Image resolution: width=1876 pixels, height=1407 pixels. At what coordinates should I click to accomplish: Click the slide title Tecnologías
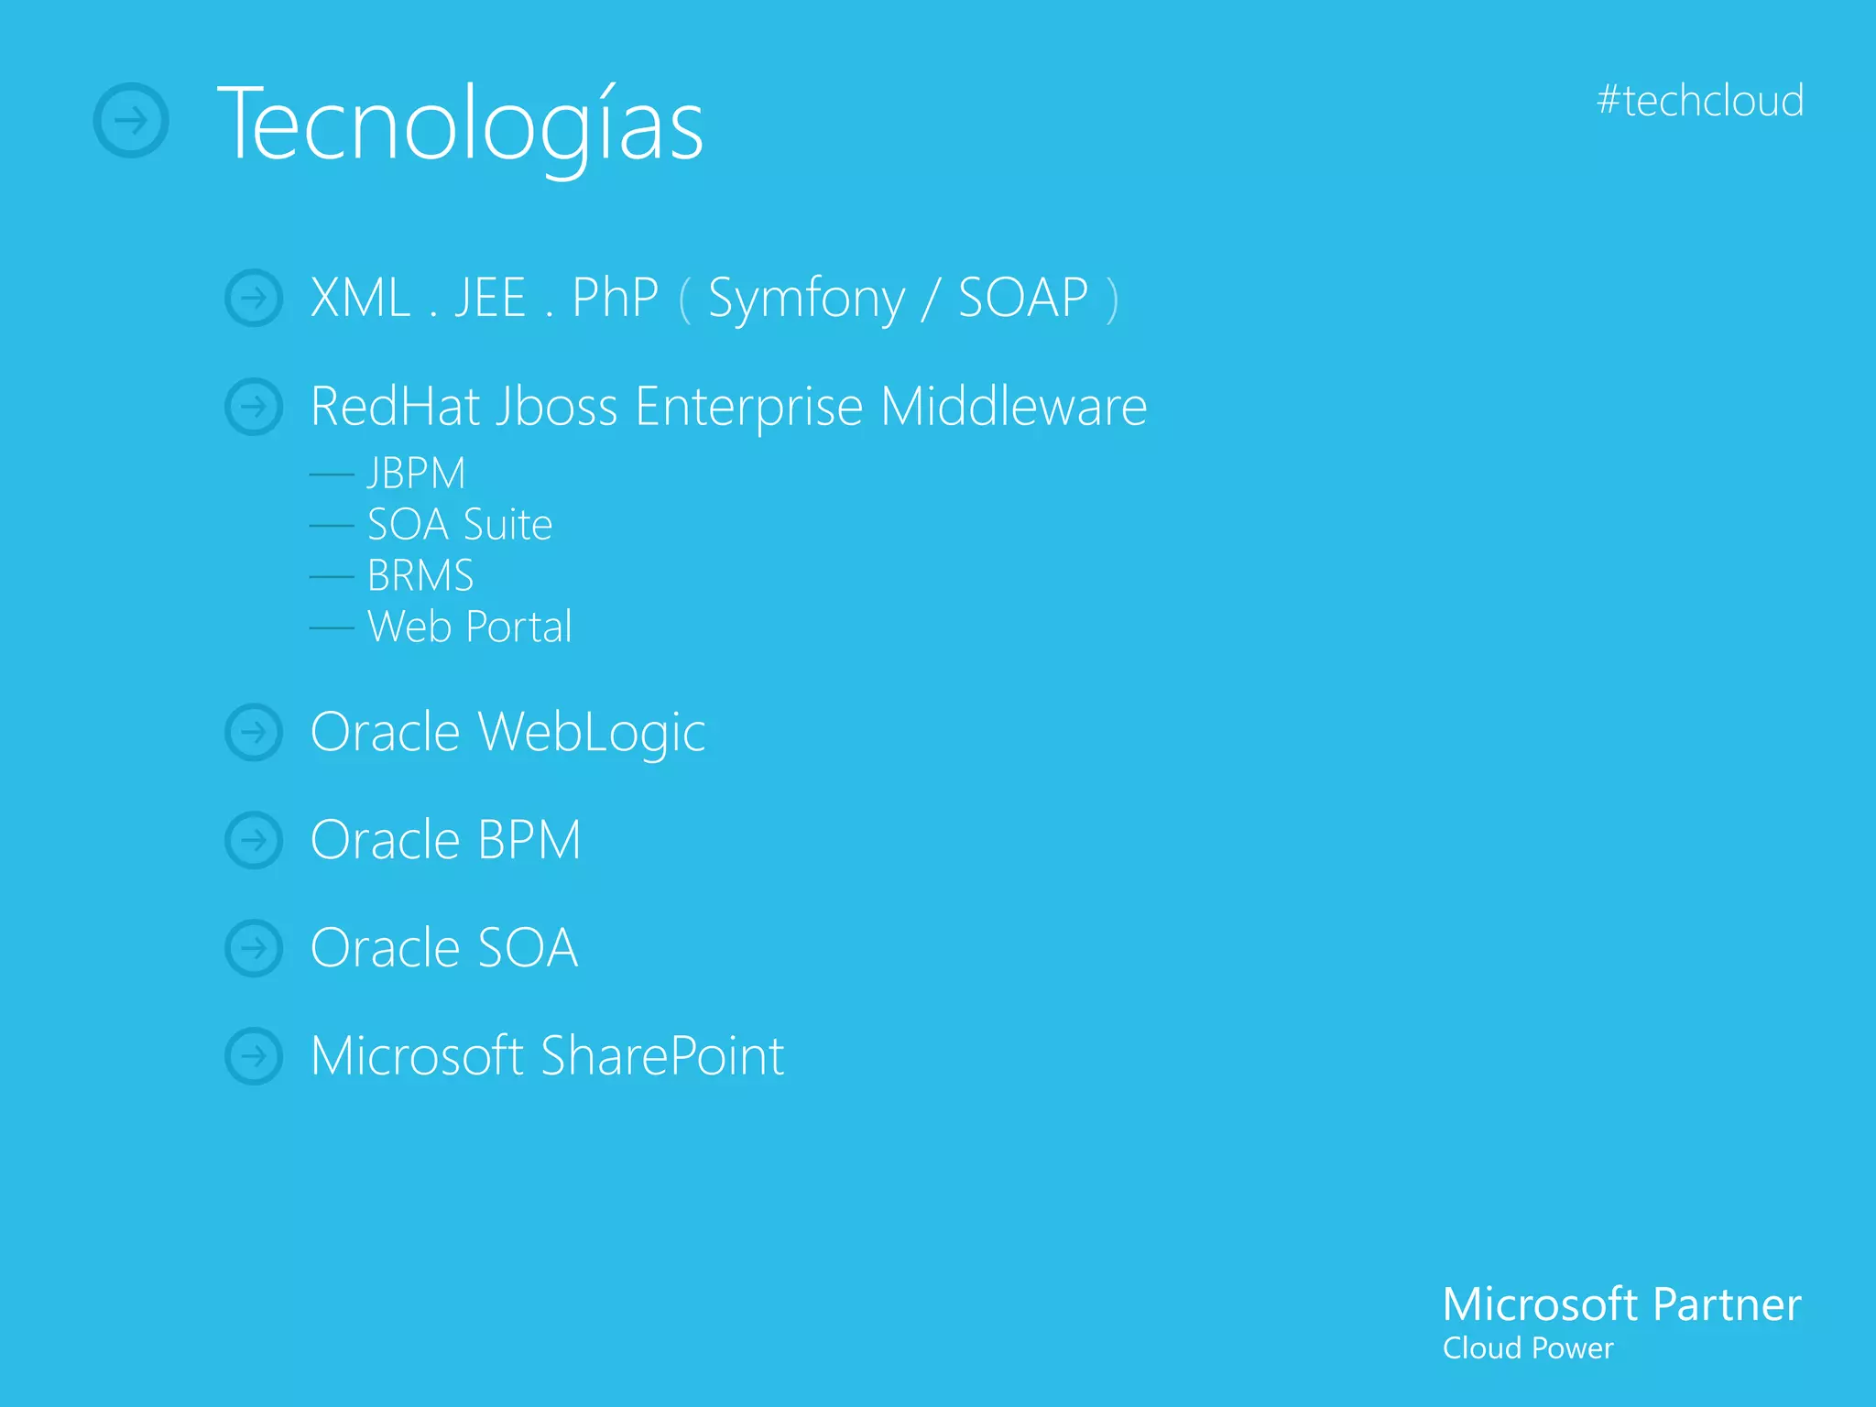[460, 124]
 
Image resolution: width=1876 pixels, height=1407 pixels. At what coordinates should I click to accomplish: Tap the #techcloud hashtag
[1700, 101]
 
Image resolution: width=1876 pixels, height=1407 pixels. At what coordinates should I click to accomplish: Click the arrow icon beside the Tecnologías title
[131, 120]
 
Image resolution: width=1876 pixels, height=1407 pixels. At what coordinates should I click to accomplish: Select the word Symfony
[806, 299]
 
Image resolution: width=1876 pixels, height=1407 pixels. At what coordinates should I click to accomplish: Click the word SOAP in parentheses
[1022, 298]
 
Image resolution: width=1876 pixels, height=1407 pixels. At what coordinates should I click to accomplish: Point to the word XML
[360, 298]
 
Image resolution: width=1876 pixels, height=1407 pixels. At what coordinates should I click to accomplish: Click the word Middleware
[1013, 407]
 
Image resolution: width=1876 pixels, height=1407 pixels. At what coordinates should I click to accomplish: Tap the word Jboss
[556, 407]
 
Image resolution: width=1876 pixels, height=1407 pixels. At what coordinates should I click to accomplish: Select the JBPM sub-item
[416, 474]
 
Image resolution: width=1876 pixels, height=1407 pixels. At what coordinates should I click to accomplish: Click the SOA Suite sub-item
[460, 525]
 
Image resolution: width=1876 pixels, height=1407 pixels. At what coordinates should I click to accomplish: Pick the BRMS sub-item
[420, 576]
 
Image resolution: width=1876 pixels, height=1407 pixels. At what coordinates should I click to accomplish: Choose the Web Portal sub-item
[469, 627]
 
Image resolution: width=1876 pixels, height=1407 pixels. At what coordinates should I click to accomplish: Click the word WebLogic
[592, 733]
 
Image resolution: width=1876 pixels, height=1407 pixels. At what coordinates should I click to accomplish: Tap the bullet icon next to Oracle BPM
[254, 840]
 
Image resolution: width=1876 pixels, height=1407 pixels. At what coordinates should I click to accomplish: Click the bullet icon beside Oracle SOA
[254, 948]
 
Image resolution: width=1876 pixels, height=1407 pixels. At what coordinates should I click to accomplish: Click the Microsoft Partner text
[1621, 1304]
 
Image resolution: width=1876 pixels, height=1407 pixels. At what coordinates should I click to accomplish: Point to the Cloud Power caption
[1527, 1348]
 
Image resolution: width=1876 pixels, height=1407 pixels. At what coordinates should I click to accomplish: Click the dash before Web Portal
[332, 628]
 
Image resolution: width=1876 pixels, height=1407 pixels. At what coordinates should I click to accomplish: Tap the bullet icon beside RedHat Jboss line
[254, 407]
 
